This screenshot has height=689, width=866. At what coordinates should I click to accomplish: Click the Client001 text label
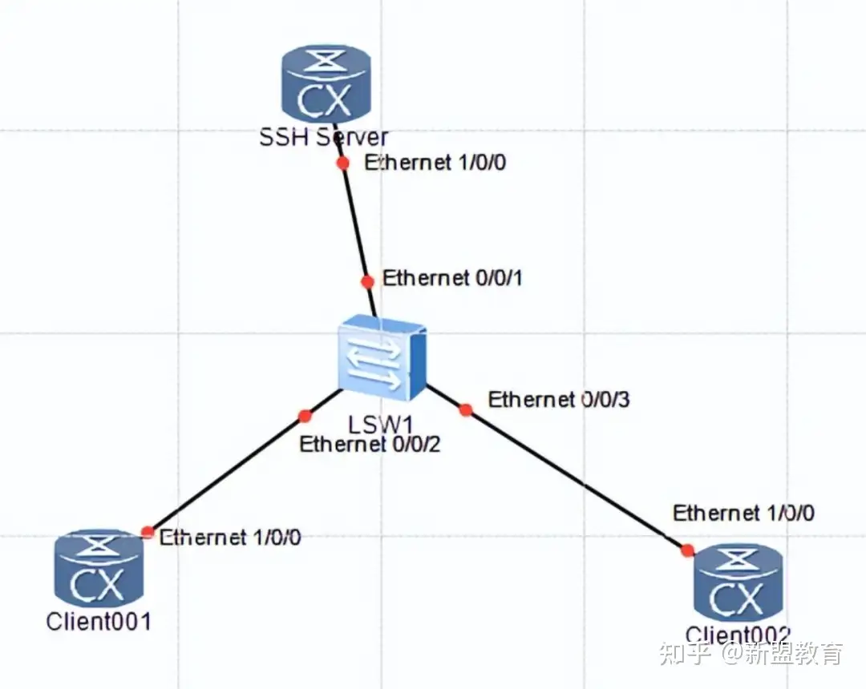pyautogui.click(x=99, y=621)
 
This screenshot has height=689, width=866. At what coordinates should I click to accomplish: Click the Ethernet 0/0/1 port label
pyautogui.click(x=453, y=279)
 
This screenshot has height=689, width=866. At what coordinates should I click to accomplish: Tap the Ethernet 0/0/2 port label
pyautogui.click(x=370, y=444)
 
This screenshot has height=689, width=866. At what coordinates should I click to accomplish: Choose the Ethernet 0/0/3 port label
pyautogui.click(x=559, y=399)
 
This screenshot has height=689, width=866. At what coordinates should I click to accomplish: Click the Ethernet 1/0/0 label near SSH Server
pyautogui.click(x=434, y=163)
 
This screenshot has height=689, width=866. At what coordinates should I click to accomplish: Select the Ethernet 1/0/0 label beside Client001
pyautogui.click(x=230, y=537)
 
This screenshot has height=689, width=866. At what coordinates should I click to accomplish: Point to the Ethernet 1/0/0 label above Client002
pyautogui.click(x=743, y=513)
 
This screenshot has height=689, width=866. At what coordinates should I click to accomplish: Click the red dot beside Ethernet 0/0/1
pyautogui.click(x=367, y=281)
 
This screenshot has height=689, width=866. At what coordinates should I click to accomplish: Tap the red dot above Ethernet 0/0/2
pyautogui.click(x=305, y=416)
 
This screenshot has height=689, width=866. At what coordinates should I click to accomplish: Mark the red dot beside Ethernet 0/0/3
pyautogui.click(x=466, y=410)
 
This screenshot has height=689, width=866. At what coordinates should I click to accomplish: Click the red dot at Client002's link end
pyautogui.click(x=687, y=550)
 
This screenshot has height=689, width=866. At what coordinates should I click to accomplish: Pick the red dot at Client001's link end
pyautogui.click(x=148, y=531)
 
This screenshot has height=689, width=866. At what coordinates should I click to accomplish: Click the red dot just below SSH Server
pyautogui.click(x=342, y=163)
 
